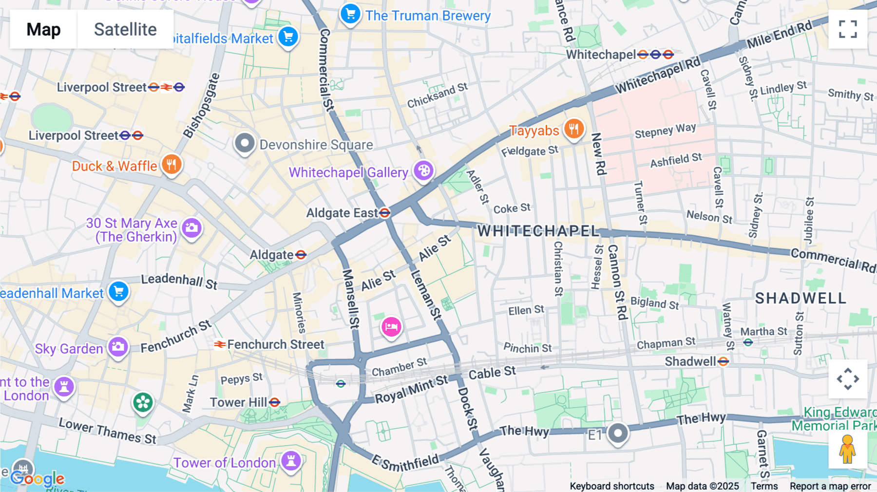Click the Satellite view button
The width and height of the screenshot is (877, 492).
125,29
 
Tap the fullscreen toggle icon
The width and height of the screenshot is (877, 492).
848,29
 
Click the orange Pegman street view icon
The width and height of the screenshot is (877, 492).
847,449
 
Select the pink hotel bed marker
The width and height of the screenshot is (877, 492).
391,327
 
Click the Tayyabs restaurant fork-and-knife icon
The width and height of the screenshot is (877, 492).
574,129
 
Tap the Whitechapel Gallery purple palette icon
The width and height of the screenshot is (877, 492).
423,171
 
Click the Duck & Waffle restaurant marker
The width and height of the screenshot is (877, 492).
171,165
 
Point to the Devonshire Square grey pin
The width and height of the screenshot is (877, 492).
245,144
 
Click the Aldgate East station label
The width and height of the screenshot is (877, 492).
342,213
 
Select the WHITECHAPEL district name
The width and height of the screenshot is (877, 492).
538,231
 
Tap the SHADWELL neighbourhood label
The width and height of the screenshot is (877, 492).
801,298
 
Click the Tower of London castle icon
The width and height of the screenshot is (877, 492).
291,461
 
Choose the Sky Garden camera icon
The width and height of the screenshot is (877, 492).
118,347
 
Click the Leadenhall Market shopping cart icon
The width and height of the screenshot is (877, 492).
118,292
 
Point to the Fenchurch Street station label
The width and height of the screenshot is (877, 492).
275,344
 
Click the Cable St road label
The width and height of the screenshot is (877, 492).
492,373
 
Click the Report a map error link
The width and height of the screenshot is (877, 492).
830,486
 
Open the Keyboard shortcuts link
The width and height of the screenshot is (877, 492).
612,486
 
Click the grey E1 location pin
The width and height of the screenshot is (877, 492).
618,433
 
